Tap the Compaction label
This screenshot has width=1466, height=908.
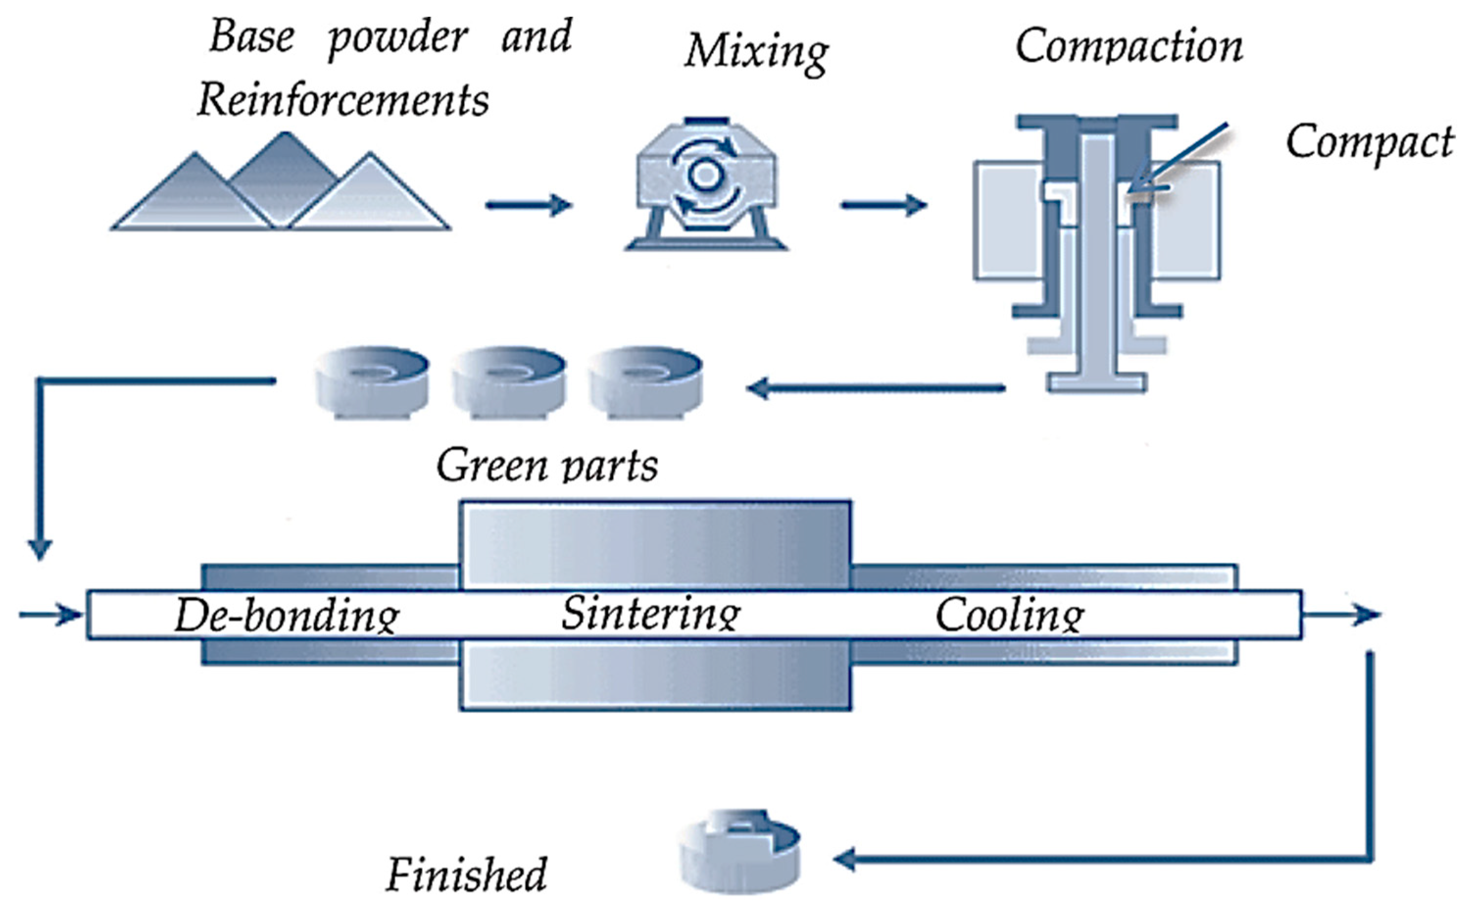[x=1128, y=47]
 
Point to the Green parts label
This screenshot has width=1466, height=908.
[x=546, y=466]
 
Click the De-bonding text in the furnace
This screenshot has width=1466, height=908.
[x=287, y=615]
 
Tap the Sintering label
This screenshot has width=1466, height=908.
[x=651, y=614]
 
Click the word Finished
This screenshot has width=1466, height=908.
[x=466, y=874]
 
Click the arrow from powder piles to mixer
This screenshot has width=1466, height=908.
[x=528, y=205]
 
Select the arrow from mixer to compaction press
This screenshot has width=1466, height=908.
[x=884, y=205]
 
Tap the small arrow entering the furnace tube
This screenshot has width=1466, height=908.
[x=51, y=615]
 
